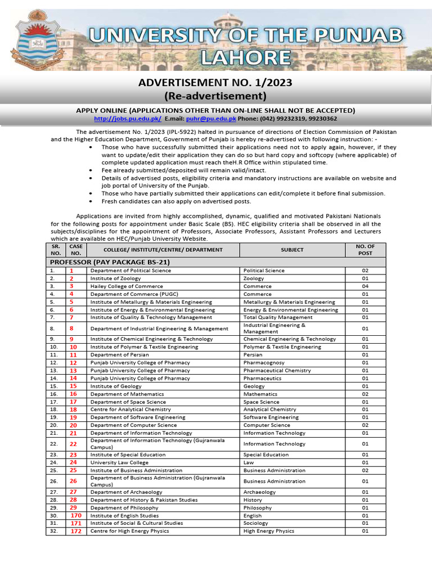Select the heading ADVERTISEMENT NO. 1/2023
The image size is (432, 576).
[x=215, y=83]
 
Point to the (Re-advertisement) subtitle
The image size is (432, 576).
[x=215, y=96]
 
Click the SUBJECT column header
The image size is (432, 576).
[x=292, y=250]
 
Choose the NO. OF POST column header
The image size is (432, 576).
[x=365, y=250]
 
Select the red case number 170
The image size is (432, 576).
[x=75, y=515]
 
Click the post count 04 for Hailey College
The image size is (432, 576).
[x=365, y=286]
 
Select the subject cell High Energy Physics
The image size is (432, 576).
[x=268, y=531]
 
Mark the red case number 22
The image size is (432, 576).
[x=73, y=444]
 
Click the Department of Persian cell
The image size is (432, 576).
[x=119, y=355]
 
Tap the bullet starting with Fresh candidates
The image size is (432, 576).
[x=176, y=201]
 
